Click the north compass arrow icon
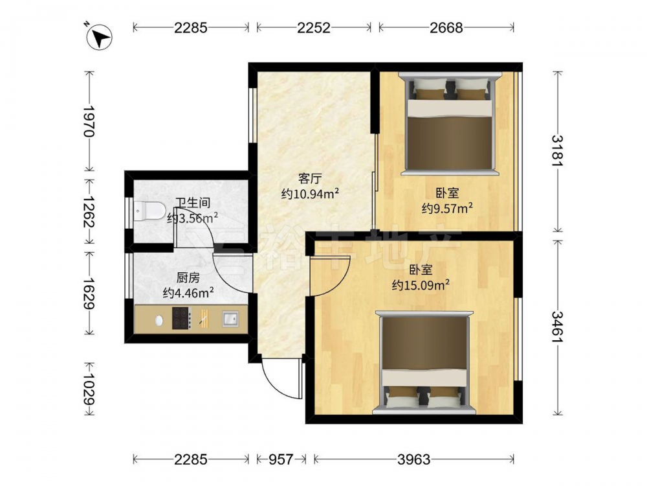[99, 37]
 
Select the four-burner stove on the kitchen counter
[182, 319]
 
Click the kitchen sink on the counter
[230, 319]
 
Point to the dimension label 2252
[314, 28]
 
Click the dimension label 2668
[446, 28]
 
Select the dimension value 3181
[558, 151]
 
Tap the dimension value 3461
[558, 327]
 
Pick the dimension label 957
[281, 459]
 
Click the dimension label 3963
[414, 459]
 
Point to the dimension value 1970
[89, 121]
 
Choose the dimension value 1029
[89, 389]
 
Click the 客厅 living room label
[310, 179]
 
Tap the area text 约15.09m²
[421, 285]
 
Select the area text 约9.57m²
[447, 208]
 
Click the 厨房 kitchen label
[188, 277]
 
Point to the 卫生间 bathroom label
[193, 202]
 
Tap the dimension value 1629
[89, 293]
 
